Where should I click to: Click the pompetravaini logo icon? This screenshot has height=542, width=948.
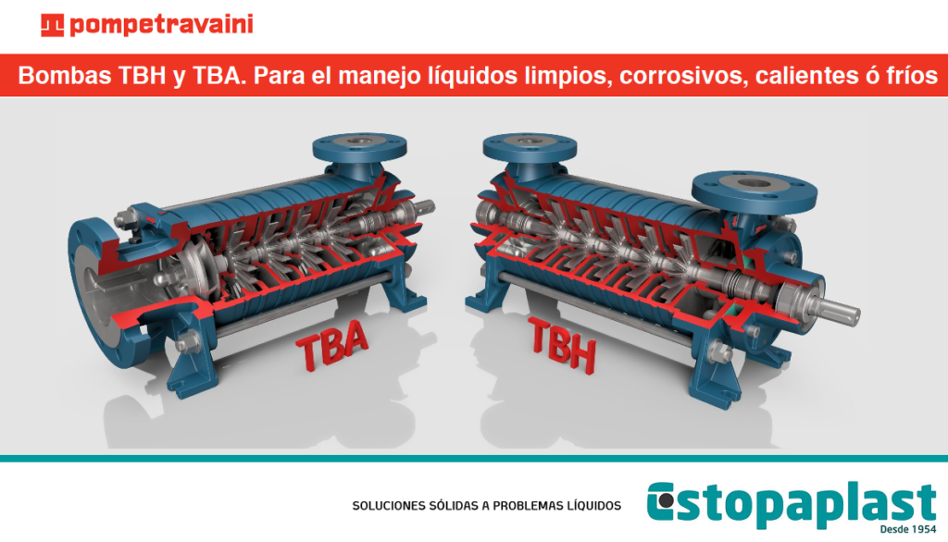coord(53,25)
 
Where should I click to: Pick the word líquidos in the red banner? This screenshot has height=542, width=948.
coord(467,77)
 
